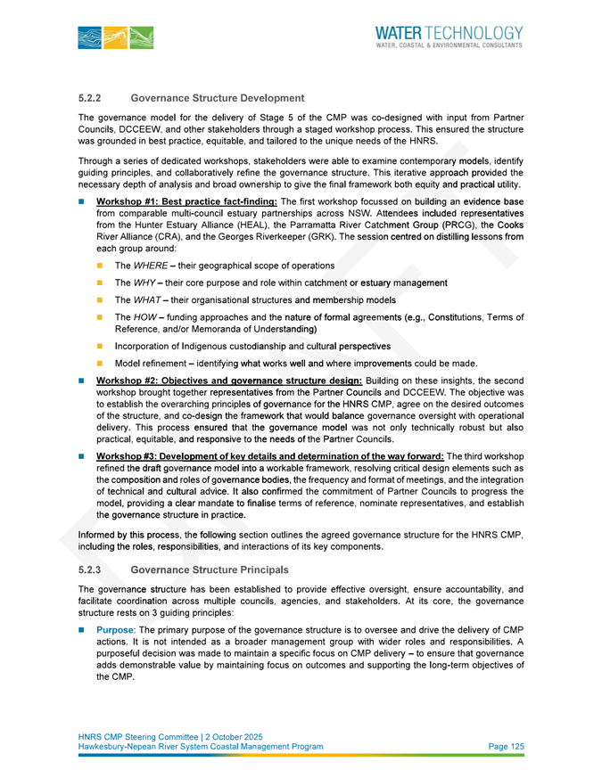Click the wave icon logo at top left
(x=115, y=37)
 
